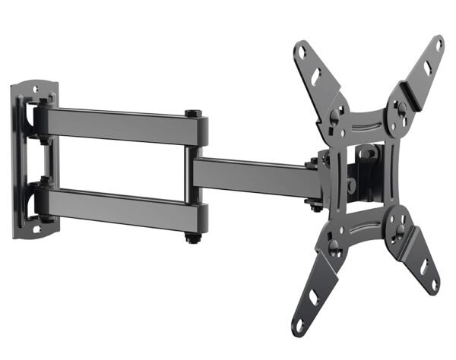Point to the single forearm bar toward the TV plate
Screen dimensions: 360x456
(x=251, y=175)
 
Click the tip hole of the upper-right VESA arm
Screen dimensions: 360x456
(x=439, y=46)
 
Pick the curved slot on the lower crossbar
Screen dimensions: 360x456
(x=363, y=229)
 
